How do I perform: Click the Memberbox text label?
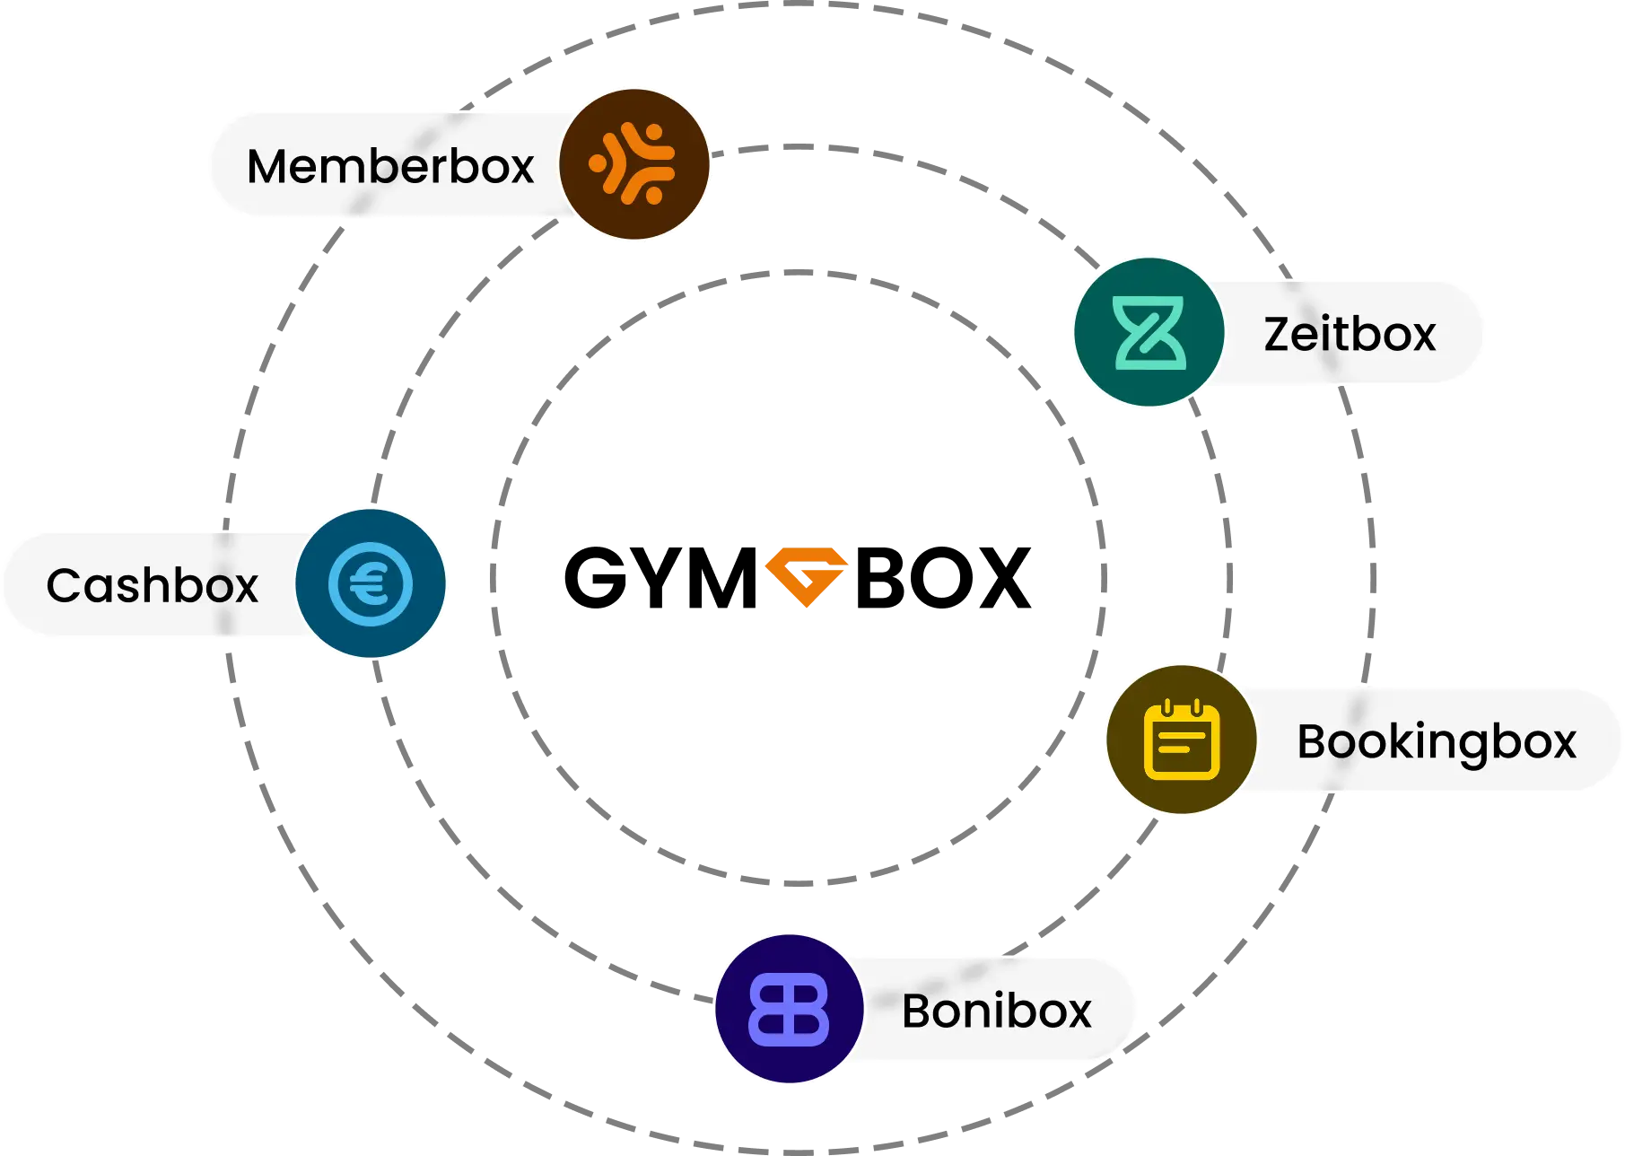pos(390,167)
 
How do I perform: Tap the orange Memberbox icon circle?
pos(633,164)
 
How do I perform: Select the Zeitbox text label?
pos(1349,334)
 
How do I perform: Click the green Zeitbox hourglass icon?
pos(1149,333)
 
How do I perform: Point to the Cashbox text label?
pos(152,585)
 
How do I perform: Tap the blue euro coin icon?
pos(371,583)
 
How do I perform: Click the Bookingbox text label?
pos(1436,742)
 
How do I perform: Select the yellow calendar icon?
pos(1181,740)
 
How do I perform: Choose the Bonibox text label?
pos(996,1011)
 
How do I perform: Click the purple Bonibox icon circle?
pos(789,1009)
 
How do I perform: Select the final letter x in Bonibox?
pos(1077,1012)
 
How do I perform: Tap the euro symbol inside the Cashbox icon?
pos(369,584)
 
